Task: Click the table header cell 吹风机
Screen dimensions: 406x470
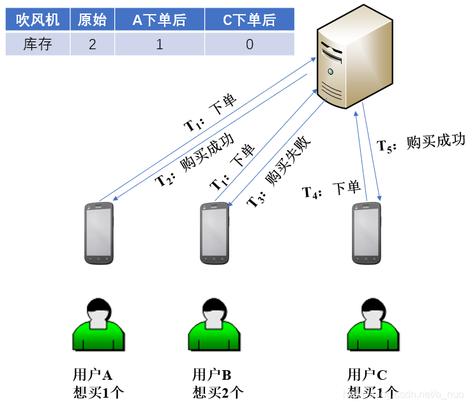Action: point(38,20)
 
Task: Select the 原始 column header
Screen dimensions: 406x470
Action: point(92,20)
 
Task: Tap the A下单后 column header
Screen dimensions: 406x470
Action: point(160,20)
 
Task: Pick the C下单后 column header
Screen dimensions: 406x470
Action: point(250,20)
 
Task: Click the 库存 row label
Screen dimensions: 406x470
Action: point(38,44)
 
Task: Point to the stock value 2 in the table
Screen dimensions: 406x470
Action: point(92,44)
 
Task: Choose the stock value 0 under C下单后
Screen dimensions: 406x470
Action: point(250,44)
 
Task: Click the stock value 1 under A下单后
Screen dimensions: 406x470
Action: point(160,44)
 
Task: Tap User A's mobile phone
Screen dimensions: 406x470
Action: point(99,233)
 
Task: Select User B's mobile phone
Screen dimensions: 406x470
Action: point(215,233)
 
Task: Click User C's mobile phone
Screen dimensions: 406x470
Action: point(367,233)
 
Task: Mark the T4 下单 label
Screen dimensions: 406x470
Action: point(331,189)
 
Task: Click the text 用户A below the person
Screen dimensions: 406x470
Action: point(93,375)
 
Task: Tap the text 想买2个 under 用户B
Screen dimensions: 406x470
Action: point(218,392)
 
